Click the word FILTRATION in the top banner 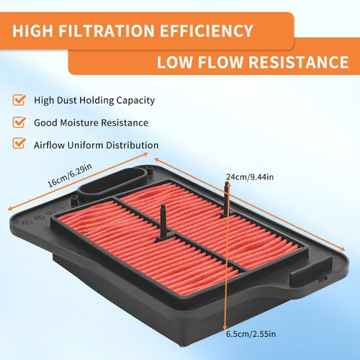click(x=106, y=31)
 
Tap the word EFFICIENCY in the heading click(x=207, y=31)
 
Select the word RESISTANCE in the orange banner click(x=299, y=62)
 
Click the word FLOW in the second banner click(x=220, y=62)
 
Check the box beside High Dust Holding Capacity click(x=19, y=100)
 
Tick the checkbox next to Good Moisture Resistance click(x=19, y=122)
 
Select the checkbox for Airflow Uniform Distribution click(x=19, y=143)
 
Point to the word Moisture click(x=79, y=123)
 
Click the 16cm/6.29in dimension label click(x=70, y=175)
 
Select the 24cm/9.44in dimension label click(x=250, y=177)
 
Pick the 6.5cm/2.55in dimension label click(x=251, y=334)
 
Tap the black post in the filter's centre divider click(x=164, y=222)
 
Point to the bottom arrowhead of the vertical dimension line click(x=225, y=328)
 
